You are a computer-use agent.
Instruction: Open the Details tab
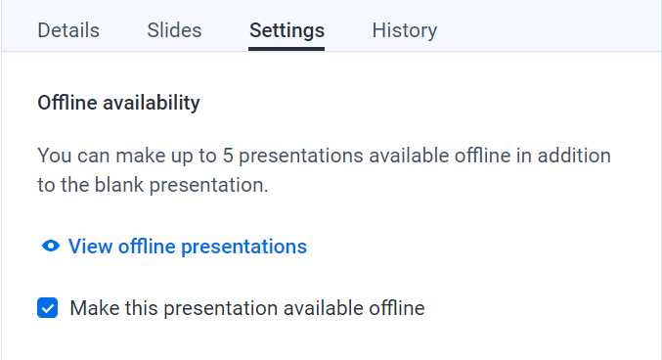[68, 30]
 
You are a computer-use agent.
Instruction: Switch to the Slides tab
[174, 30]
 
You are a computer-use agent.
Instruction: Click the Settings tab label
[287, 30]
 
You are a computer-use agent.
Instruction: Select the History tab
[404, 30]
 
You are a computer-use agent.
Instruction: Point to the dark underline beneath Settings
[287, 48]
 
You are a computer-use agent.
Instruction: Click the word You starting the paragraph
[53, 156]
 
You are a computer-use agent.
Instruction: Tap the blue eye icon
[51, 247]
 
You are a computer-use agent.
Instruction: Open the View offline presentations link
[187, 247]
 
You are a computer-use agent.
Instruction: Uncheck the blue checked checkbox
[47, 308]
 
